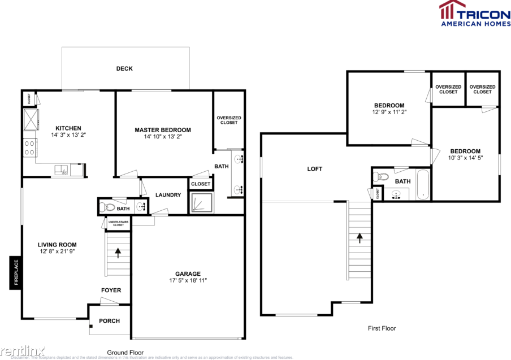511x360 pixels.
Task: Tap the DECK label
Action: point(124,69)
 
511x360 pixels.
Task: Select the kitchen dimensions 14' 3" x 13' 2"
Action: point(68,136)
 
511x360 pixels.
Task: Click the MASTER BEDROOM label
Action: point(163,130)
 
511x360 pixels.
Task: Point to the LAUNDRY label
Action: point(168,196)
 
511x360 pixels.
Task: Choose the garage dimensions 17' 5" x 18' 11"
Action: point(188,281)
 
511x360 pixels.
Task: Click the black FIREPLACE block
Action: point(15,274)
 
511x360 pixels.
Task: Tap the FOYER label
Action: point(111,290)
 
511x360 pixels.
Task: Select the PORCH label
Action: point(109,321)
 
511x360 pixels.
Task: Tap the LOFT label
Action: point(315,169)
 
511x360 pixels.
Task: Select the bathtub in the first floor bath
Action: point(423,187)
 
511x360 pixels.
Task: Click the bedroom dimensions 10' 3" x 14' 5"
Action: point(465,158)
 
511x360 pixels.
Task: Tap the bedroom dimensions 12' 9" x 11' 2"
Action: point(389,112)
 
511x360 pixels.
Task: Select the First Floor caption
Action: point(382,328)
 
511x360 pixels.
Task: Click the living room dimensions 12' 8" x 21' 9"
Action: point(57,251)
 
